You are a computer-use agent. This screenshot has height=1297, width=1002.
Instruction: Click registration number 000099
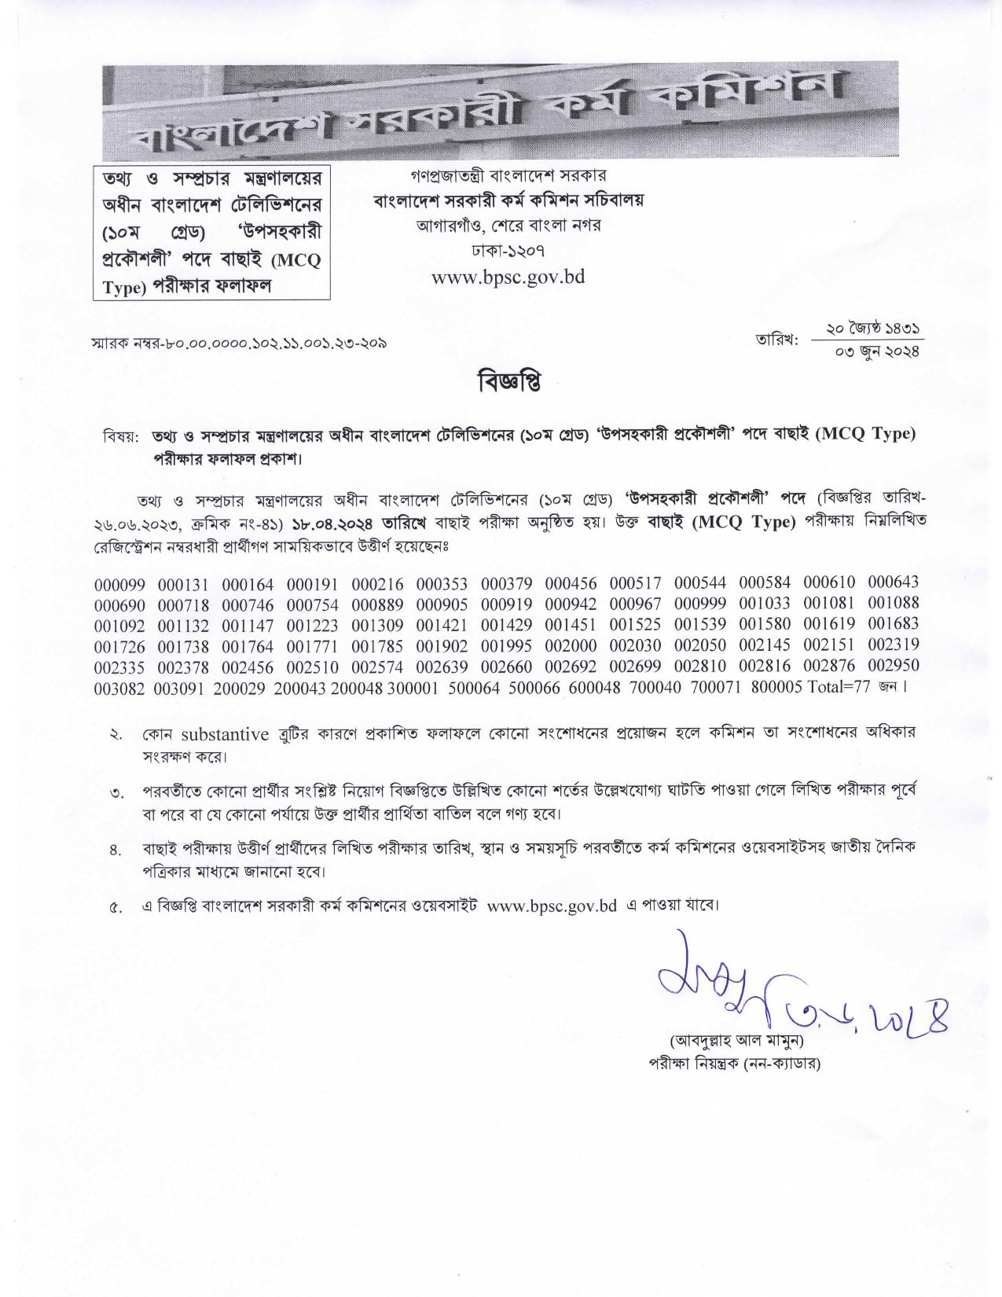pyautogui.click(x=119, y=585)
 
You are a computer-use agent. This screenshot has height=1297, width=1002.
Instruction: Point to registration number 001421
pyautogui.click(x=442, y=626)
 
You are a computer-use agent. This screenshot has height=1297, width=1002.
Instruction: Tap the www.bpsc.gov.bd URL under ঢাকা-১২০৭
pyautogui.click(x=508, y=277)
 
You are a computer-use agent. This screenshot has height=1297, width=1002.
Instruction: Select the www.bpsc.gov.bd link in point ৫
pyautogui.click(x=552, y=905)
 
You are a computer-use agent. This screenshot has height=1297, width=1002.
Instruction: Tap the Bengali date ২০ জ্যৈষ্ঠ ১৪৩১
pyautogui.click(x=873, y=328)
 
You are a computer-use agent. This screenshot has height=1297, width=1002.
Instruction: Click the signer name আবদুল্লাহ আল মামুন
pyautogui.click(x=736, y=1041)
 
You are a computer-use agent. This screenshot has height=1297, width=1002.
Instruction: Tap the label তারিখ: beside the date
pyautogui.click(x=777, y=340)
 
